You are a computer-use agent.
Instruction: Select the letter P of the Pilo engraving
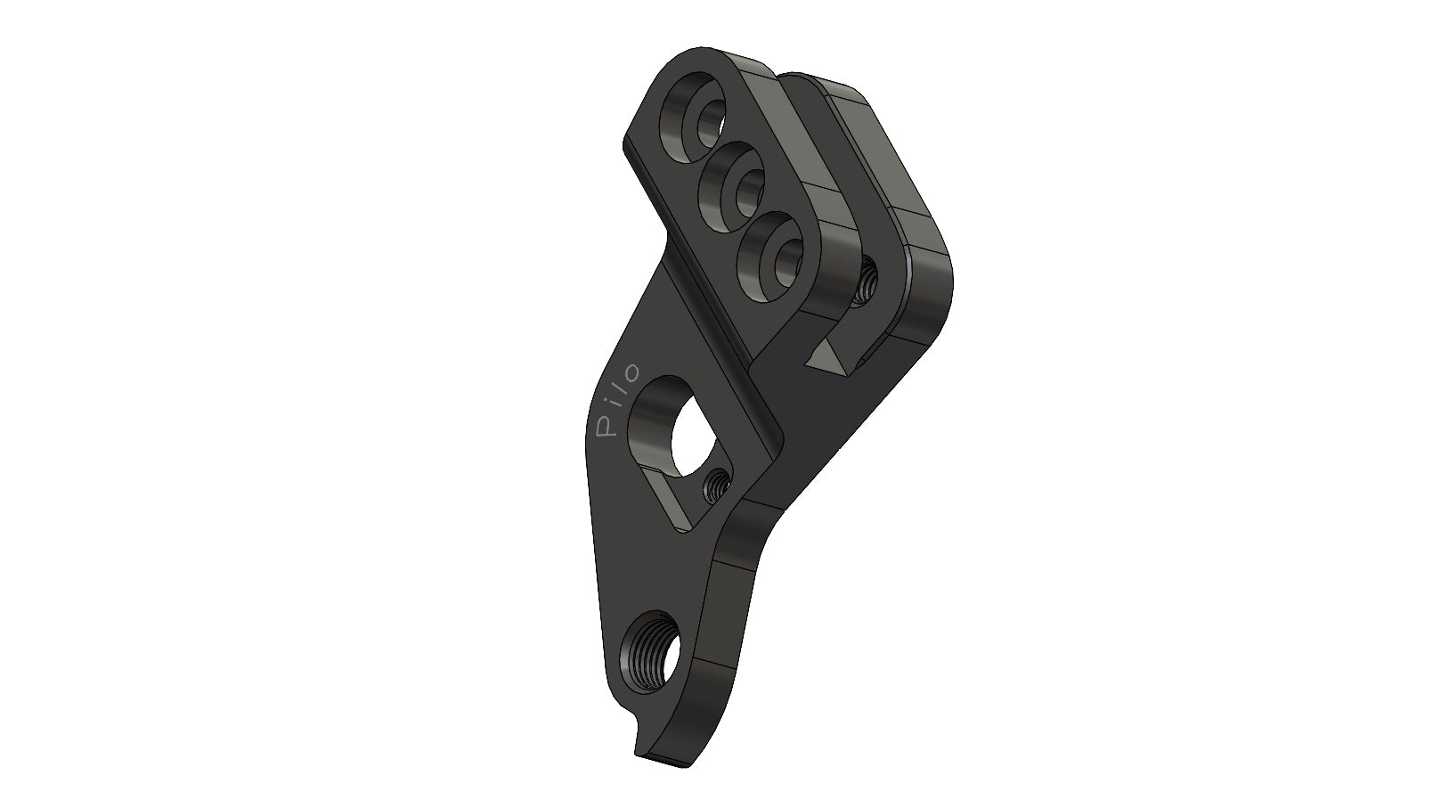[x=605, y=429]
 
